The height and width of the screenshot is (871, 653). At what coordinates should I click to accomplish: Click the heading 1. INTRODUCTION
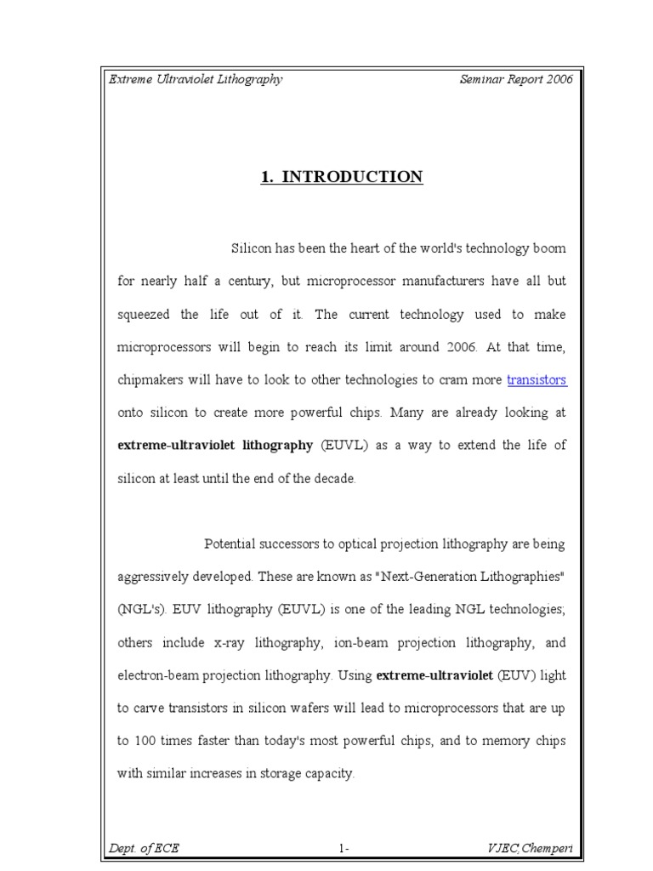click(x=340, y=177)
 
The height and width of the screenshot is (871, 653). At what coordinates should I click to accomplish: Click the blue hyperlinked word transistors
click(x=537, y=380)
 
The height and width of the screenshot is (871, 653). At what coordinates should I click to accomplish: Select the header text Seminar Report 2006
click(x=515, y=79)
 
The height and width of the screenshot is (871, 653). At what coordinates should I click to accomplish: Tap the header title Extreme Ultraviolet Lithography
click(x=196, y=79)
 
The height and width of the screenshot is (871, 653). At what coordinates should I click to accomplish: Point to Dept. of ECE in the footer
click(x=144, y=847)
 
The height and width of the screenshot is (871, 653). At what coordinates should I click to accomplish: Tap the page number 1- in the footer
click(x=344, y=848)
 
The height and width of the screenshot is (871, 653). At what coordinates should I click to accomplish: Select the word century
click(x=241, y=281)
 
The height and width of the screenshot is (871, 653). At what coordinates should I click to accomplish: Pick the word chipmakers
click(x=150, y=380)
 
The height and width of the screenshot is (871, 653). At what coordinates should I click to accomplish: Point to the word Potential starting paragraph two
click(x=233, y=544)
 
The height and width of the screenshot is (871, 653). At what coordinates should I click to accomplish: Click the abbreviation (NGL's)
click(x=140, y=609)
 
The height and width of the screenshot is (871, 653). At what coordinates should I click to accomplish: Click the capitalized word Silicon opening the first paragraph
click(x=253, y=248)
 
